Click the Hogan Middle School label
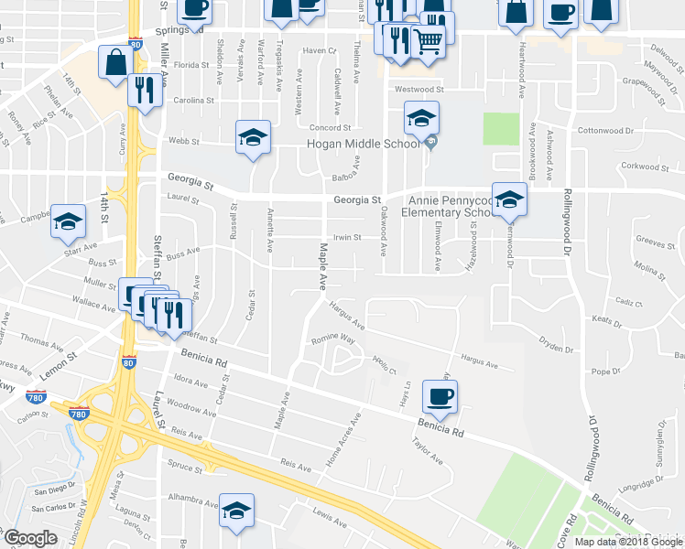click(x=364, y=145)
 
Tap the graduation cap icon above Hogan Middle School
click(x=421, y=118)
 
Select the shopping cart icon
click(x=429, y=39)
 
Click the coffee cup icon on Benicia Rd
click(x=440, y=396)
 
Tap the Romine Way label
click(x=334, y=339)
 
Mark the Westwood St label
click(x=419, y=90)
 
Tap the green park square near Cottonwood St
click(x=501, y=128)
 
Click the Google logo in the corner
click(x=30, y=538)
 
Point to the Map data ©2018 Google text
click(x=627, y=542)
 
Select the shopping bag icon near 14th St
click(x=116, y=64)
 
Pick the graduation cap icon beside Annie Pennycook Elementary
click(x=509, y=199)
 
